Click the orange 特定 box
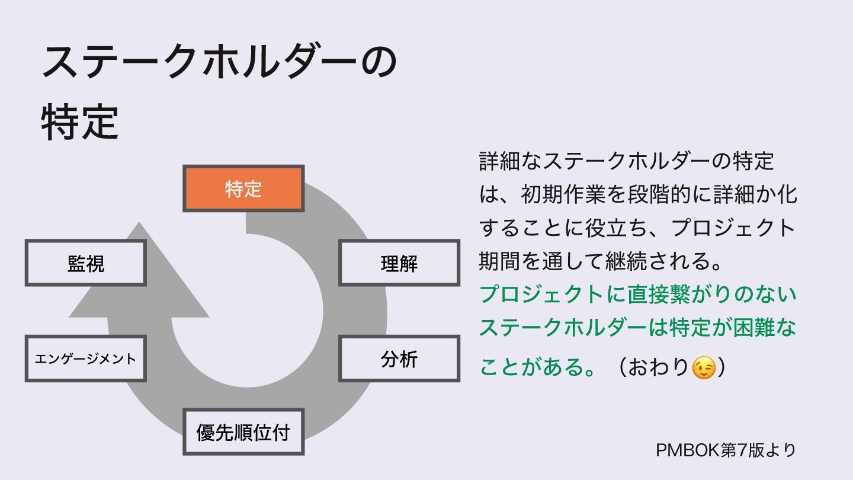243,189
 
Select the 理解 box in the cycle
399,263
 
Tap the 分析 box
399,359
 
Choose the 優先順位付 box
243,432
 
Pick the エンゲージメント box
85,359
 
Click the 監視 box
85,263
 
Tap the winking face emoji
704,368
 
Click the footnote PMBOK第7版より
726,450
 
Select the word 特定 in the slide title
80,123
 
